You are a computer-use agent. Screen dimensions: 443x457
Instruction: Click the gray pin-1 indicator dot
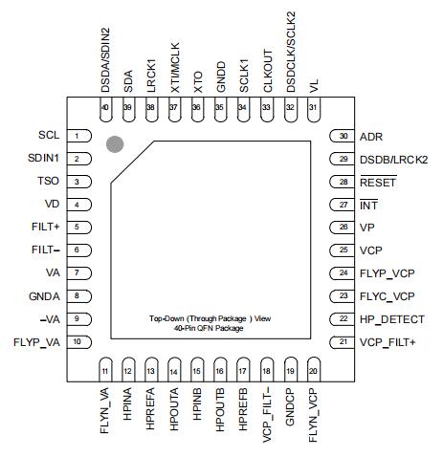click(115, 144)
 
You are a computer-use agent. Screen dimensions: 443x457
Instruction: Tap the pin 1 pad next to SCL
click(79, 136)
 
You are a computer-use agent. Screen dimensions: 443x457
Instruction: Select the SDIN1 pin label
click(43, 158)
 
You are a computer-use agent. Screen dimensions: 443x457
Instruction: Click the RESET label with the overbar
click(378, 182)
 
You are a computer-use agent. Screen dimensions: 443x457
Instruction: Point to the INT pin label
click(369, 205)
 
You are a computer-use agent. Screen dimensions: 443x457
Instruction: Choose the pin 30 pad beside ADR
click(342, 136)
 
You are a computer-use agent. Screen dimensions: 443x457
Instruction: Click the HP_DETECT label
click(392, 319)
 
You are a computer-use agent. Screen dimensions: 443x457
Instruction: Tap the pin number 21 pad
click(342, 342)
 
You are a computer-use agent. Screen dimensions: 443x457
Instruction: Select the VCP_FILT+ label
click(388, 342)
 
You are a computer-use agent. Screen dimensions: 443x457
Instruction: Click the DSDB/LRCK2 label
click(393, 160)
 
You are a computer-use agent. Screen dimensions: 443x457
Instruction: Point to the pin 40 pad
click(106, 109)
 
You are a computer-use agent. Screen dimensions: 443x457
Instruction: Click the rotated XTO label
click(198, 82)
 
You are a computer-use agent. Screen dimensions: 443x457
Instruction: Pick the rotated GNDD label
click(221, 77)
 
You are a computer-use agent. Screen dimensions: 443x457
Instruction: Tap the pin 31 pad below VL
click(314, 109)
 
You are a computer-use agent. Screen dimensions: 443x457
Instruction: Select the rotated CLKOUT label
click(268, 71)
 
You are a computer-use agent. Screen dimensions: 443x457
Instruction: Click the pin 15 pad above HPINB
click(197, 369)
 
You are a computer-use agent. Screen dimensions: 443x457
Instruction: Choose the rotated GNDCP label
click(290, 406)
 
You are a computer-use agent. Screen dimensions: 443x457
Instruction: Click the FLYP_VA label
click(36, 342)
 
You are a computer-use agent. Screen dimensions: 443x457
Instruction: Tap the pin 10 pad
click(79, 342)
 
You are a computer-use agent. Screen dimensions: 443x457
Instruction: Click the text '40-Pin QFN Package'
click(209, 328)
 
